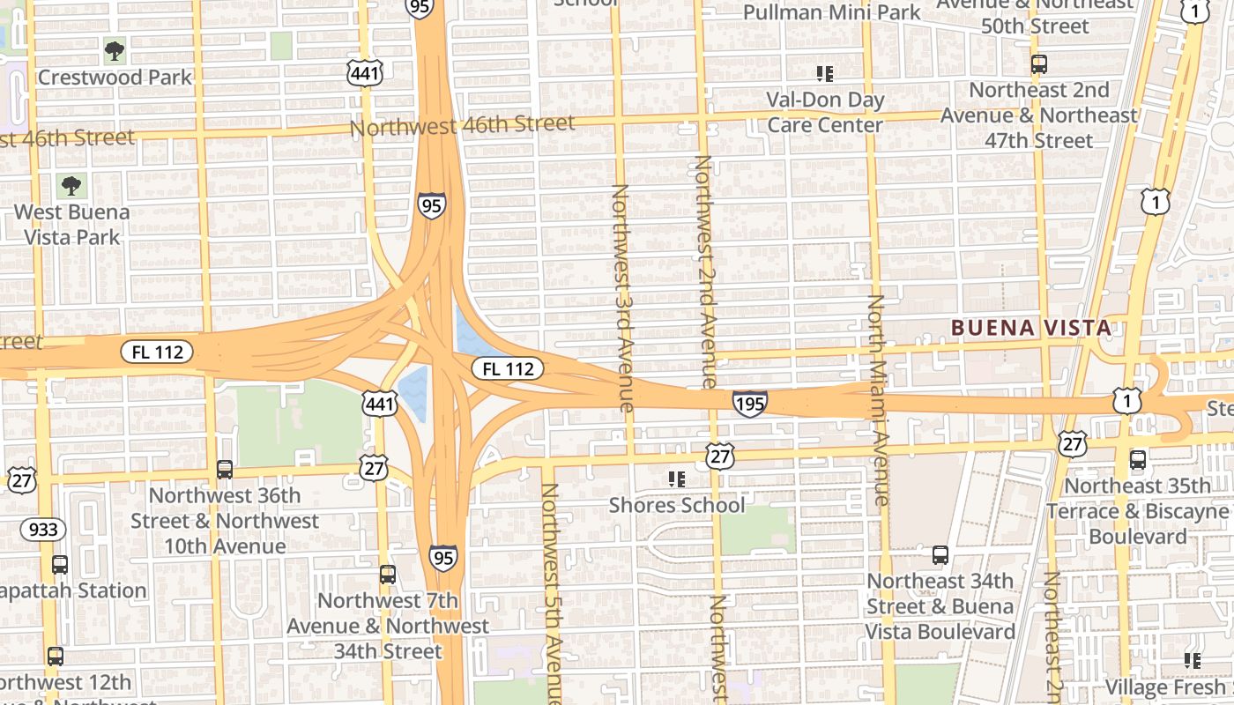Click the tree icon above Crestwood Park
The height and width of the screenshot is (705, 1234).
coord(115,50)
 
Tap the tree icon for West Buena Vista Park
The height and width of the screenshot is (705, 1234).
coord(71,185)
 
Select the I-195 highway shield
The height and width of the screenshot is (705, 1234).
coord(749,404)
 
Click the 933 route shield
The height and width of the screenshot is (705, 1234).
coord(42,530)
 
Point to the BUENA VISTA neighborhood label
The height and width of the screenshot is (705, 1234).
coord(1030,328)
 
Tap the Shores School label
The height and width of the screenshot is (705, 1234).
coord(677,505)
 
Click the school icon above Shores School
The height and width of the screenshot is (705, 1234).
coord(676,479)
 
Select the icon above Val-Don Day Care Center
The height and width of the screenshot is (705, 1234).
coord(825,73)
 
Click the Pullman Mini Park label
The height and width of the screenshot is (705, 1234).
coord(831,12)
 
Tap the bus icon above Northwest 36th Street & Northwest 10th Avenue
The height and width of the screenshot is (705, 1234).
coord(225,470)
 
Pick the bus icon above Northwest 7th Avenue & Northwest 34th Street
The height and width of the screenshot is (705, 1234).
coord(388,575)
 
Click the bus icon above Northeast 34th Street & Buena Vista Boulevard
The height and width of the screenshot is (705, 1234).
coord(940,555)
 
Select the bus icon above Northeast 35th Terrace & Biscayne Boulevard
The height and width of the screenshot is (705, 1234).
coord(1138,459)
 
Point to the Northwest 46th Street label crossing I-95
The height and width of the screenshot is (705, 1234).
coord(462,125)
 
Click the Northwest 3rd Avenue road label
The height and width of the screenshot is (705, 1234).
coord(621,297)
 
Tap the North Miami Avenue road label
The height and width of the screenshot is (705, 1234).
coord(877,400)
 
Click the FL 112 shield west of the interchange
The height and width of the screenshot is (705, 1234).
coord(158,352)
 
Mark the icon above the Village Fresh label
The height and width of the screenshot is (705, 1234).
coord(1193,660)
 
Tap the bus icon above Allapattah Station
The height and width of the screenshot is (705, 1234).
coord(60,565)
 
